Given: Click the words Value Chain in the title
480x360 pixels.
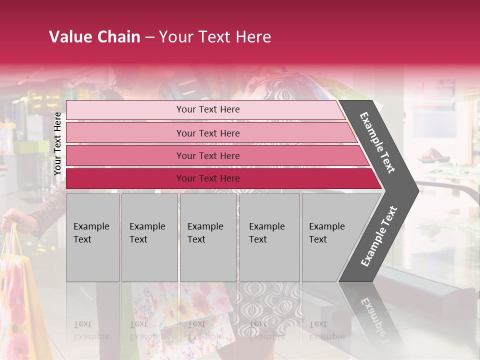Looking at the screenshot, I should click(94, 37).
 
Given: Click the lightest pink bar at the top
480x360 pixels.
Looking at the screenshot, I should click(125, 110).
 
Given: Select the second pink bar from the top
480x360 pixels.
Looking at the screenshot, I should click(125, 133).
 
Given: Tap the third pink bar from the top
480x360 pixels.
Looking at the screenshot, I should click(125, 155).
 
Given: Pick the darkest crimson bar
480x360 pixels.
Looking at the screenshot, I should click(125, 178).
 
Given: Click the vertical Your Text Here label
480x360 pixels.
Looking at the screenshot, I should click(57, 143).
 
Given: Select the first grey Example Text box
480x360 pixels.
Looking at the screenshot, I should click(92, 237).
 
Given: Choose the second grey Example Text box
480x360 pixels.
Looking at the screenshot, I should click(149, 237).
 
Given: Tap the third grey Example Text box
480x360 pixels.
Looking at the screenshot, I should click(208, 237).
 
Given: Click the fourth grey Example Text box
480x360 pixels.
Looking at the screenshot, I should click(269, 237).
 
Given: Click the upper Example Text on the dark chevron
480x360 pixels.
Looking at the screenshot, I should click(377, 142).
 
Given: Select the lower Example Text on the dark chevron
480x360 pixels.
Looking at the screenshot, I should click(379, 236).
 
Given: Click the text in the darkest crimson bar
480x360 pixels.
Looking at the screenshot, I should click(208, 178).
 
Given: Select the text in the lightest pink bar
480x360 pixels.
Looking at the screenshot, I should click(208, 109).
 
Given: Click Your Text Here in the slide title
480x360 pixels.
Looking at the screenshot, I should click(215, 37).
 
